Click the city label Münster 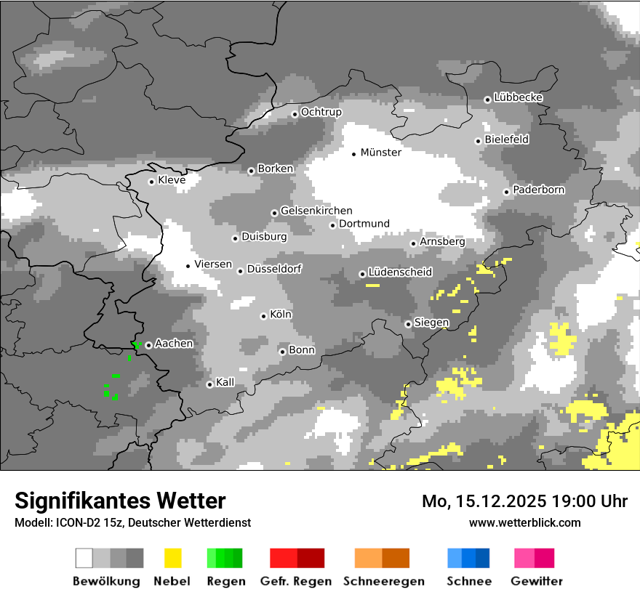click(380, 153)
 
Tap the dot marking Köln click(263, 316)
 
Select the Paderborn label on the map click(539, 190)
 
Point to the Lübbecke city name click(519, 97)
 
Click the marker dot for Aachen click(148, 345)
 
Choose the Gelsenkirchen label click(316, 211)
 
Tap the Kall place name click(225, 382)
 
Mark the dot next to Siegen click(408, 324)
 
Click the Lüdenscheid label click(400, 272)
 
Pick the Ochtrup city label click(321, 113)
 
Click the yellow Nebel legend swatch click(173, 558)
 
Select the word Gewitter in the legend click(537, 581)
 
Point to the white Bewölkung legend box click(84, 558)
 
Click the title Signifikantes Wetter click(120, 501)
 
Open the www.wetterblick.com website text click(525, 522)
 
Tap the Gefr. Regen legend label click(296, 581)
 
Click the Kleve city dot click(151, 182)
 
